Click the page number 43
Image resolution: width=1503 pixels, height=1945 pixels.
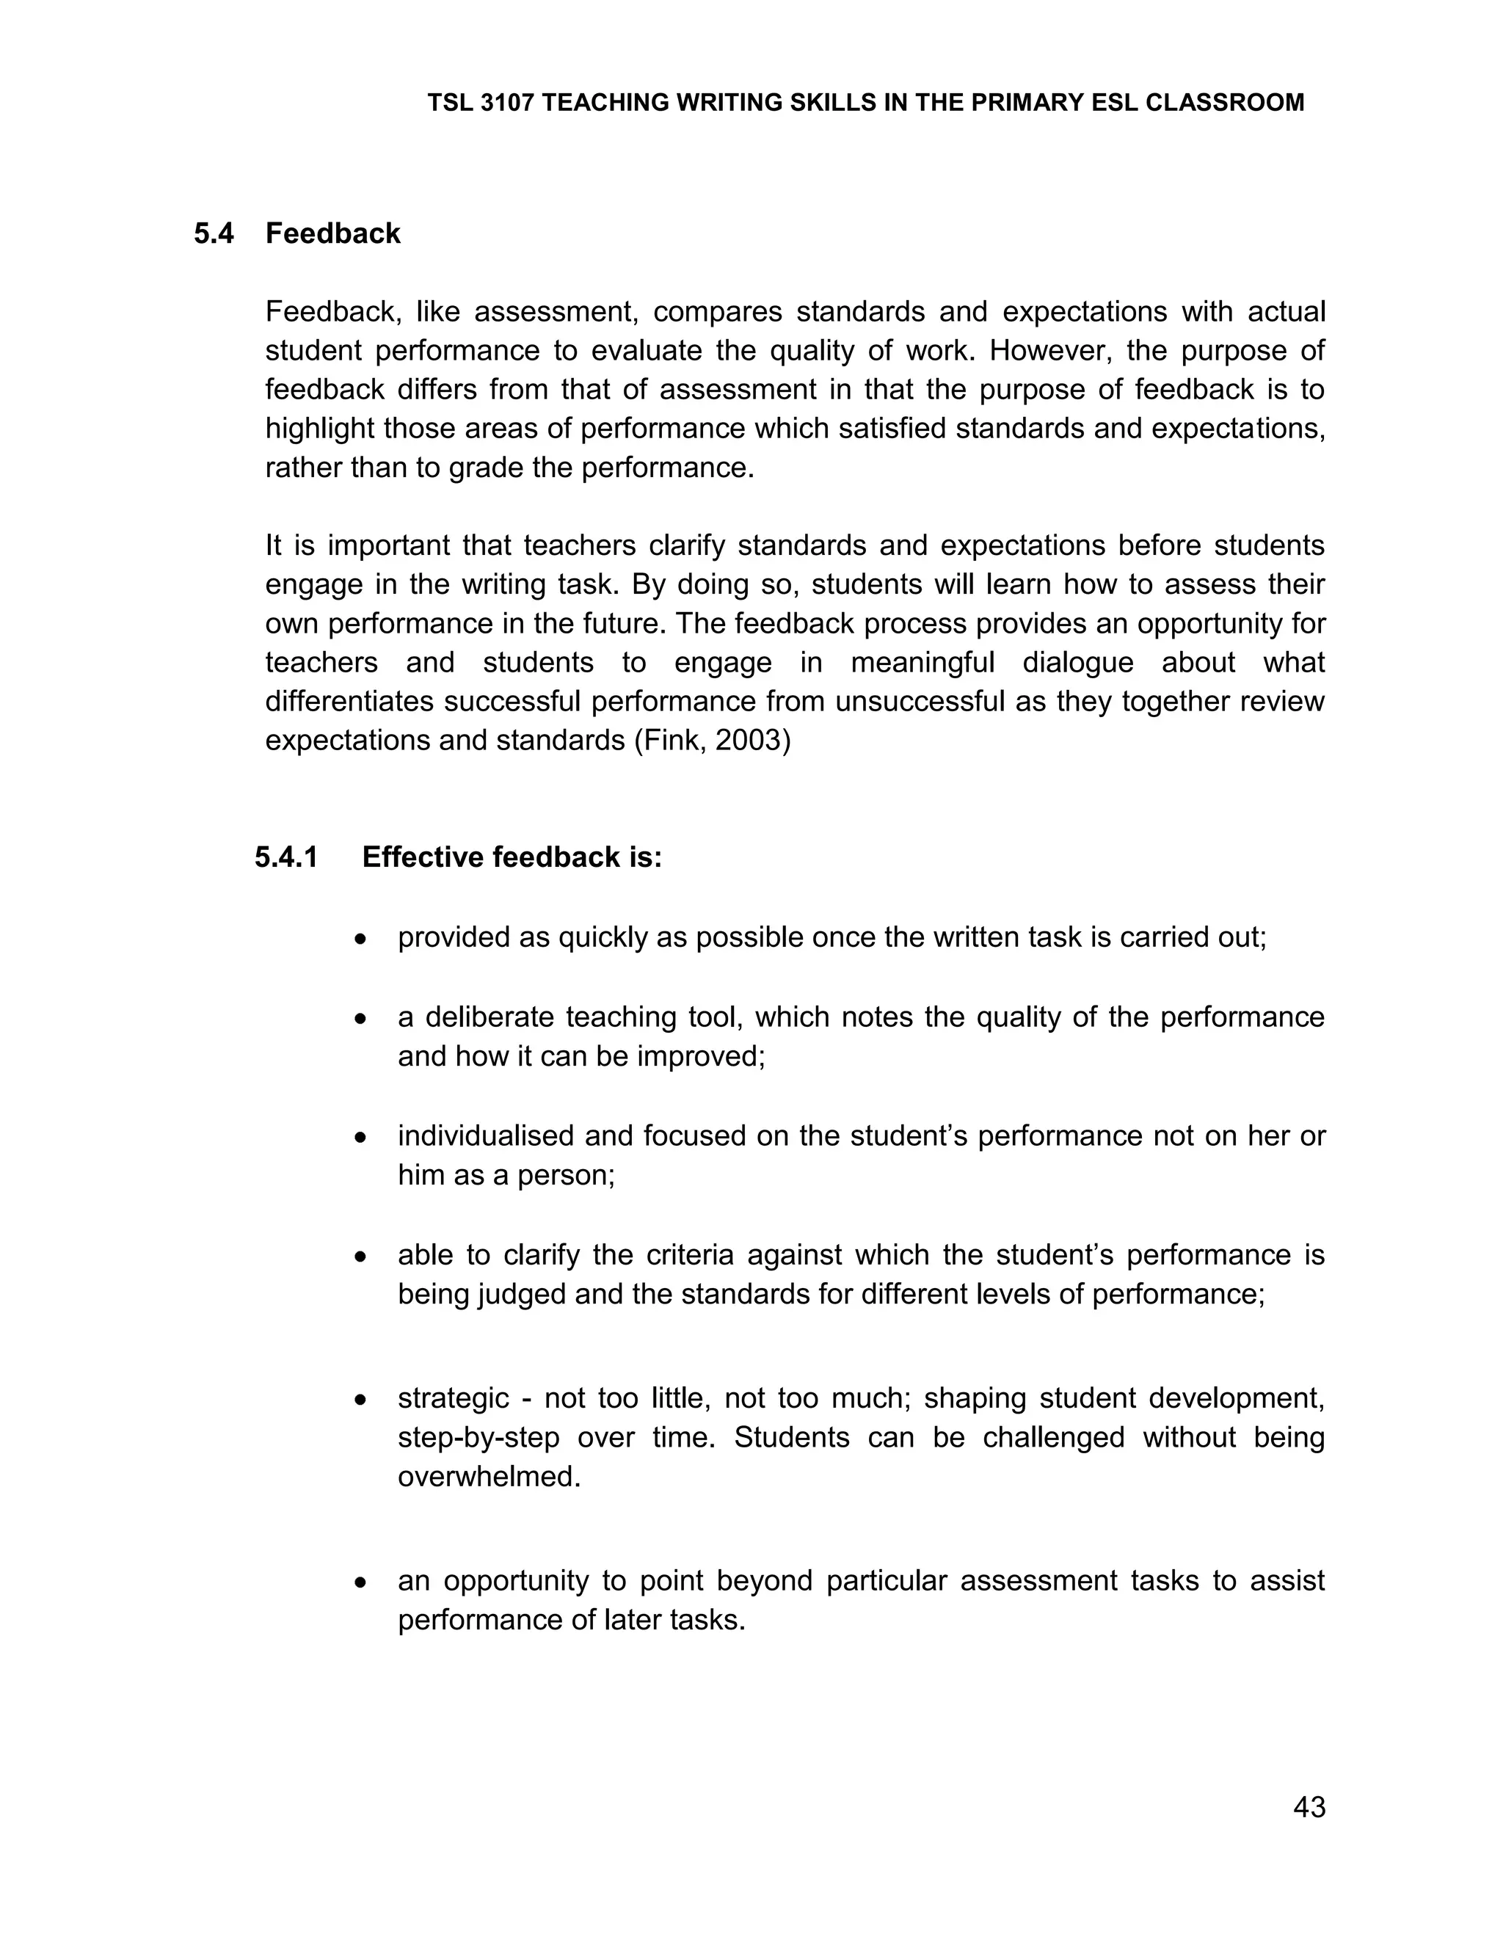click(x=1309, y=1807)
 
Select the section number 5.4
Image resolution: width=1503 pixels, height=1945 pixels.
click(x=214, y=233)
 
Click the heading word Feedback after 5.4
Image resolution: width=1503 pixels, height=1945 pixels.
click(x=333, y=233)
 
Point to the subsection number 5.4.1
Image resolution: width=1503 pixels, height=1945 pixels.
click(x=285, y=857)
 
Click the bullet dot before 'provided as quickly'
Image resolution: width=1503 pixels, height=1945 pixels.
click(x=360, y=939)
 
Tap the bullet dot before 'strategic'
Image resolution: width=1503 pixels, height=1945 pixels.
click(x=360, y=1400)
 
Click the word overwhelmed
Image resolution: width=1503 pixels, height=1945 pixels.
click(x=489, y=1477)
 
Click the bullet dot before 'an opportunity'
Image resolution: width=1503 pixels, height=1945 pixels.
click(x=360, y=1582)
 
